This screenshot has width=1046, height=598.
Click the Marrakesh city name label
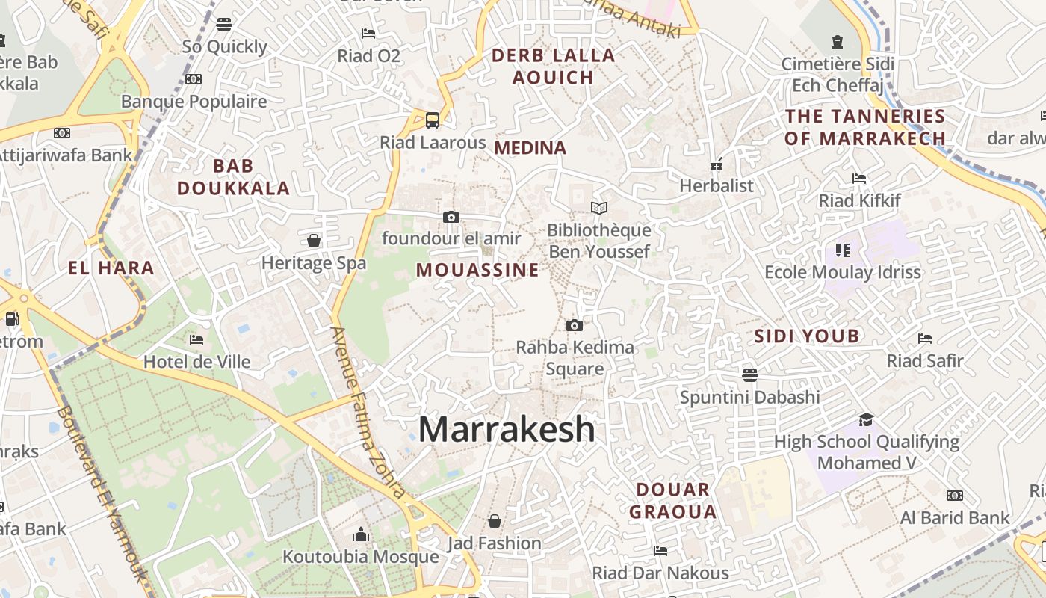[507, 430]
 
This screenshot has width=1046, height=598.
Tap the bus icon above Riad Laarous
[433, 120]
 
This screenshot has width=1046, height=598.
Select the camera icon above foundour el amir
[451, 217]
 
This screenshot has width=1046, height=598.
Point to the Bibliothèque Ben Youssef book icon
[598, 208]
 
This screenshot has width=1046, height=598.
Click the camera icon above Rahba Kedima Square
[574, 325]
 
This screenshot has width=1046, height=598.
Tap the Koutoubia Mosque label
[360, 557]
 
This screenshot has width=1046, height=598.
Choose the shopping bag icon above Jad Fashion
[494, 520]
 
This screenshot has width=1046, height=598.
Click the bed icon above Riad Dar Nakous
[660, 551]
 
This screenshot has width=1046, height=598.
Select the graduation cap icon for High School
[866, 419]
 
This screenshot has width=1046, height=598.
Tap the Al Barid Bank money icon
[954, 496]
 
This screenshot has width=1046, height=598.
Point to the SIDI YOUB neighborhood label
[806, 336]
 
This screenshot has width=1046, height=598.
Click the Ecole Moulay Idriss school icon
[843, 250]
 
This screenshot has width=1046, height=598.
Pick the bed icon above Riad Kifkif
[859, 179]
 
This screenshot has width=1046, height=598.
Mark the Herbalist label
[717, 185]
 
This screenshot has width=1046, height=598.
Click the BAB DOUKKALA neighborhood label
[233, 177]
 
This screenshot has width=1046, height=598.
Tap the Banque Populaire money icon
[194, 79]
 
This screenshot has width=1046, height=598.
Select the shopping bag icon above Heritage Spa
[314, 241]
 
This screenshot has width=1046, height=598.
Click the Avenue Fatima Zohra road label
[369, 413]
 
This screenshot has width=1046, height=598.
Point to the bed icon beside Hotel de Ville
[196, 340]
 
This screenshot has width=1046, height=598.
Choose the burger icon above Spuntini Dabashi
[750, 374]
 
